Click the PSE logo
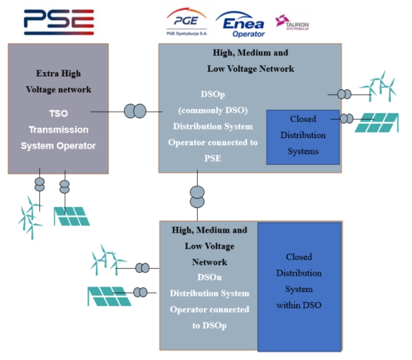59,22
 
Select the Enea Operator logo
240,23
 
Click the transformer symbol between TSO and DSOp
135,111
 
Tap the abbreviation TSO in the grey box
58,113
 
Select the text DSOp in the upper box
209,94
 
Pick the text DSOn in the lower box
210,277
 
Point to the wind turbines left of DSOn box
108,260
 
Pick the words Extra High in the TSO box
58,73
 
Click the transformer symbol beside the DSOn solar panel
141,291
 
